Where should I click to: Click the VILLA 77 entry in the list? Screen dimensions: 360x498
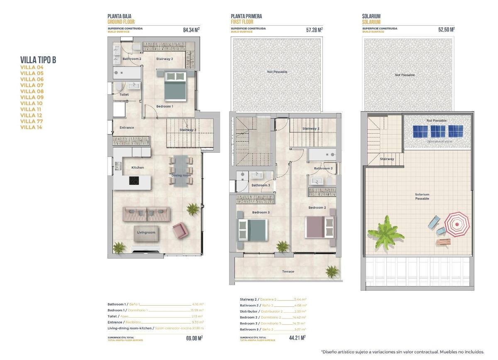coord(32,121)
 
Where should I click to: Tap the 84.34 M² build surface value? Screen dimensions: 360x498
coord(191,30)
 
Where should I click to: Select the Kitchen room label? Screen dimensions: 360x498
coord(137,167)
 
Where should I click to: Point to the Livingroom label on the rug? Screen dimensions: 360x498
coord(146,233)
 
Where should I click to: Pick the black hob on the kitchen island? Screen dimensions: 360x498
coord(134,181)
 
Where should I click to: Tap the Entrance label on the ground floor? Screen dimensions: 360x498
coord(127,127)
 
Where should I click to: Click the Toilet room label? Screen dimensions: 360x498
coord(124,95)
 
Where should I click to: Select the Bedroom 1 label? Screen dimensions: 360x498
coord(164,106)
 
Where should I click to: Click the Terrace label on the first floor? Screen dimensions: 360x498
coord(288,272)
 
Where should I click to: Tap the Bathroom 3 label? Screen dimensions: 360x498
coord(261,185)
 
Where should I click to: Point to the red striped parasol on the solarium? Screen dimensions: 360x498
coord(457,224)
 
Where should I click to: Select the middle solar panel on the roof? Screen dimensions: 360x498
coord(438,131)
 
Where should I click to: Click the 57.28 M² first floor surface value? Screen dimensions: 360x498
coord(314,30)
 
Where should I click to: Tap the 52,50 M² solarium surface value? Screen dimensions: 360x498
coord(446,30)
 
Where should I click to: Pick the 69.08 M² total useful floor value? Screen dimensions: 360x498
coord(194,338)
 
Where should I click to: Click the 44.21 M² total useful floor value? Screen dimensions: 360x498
coord(297,338)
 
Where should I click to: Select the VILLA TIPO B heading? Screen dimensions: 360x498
coord(38,60)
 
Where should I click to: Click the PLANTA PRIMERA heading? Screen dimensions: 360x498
coord(246,16)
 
